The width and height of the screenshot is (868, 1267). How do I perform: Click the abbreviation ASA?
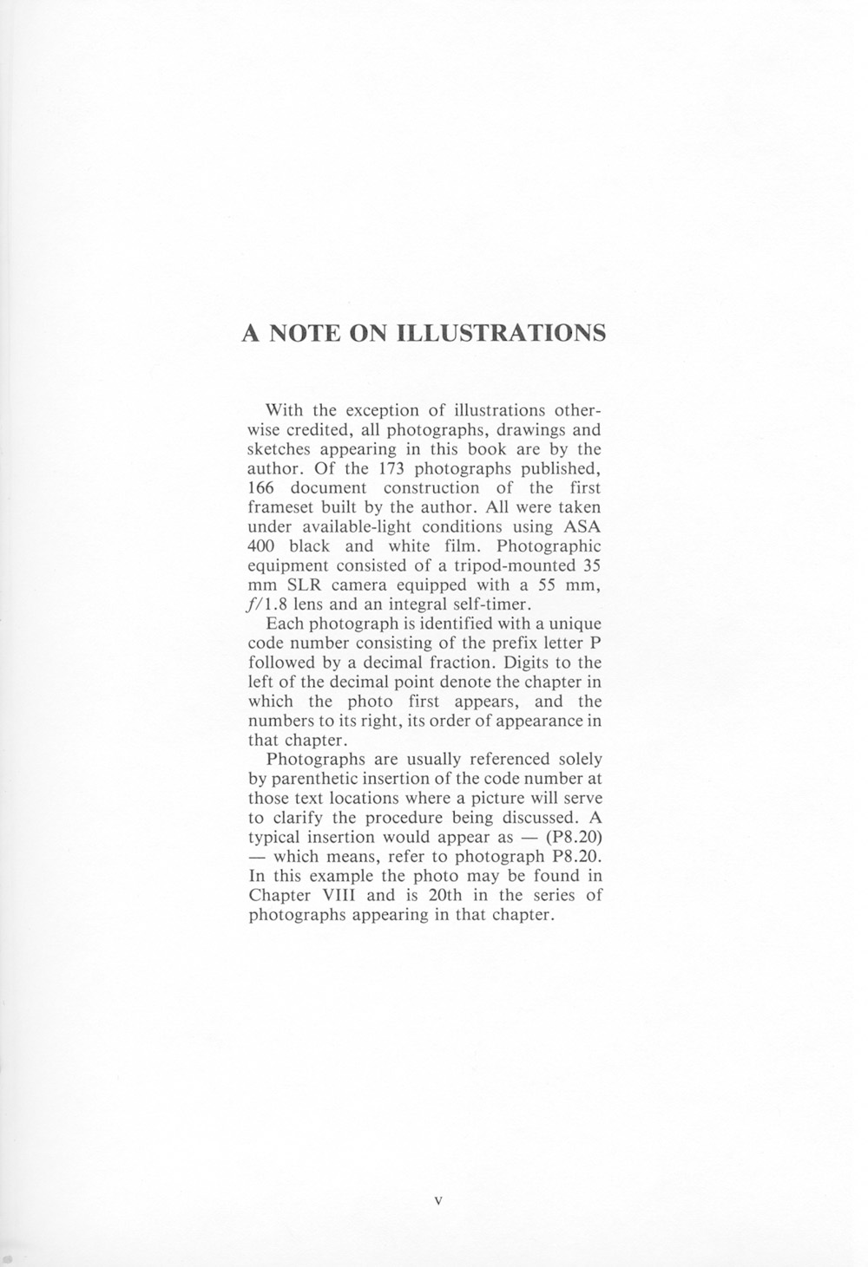coord(582,526)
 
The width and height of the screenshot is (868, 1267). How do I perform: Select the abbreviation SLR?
coord(305,585)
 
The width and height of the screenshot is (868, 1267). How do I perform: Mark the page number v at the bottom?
coord(437,1202)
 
